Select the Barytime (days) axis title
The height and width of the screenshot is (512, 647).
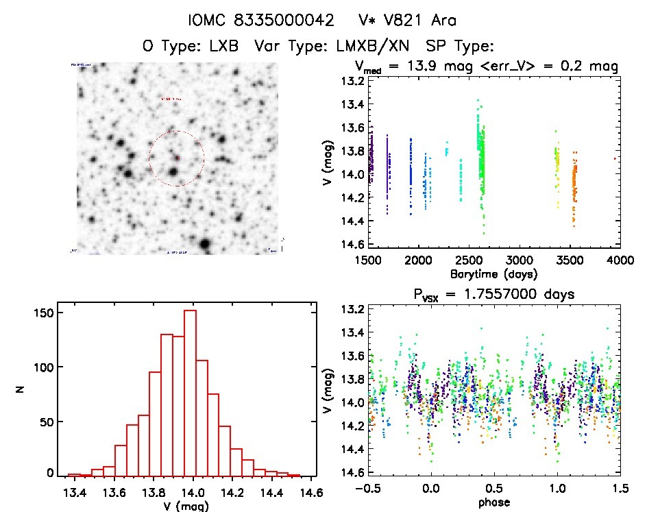coord(493,273)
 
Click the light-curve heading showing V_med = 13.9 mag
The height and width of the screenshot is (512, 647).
coord(487,66)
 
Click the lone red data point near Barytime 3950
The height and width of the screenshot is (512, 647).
coord(615,159)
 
